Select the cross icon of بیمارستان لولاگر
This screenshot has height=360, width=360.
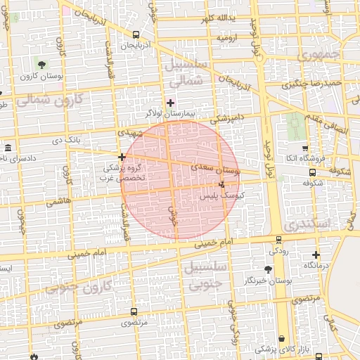[x=170, y=103]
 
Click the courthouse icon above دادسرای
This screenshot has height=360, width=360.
[x=8, y=148]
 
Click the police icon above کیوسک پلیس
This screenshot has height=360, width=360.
[x=223, y=184]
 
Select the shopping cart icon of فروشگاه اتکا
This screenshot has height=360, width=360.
[x=304, y=148]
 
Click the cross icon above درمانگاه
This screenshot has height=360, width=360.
[x=316, y=255]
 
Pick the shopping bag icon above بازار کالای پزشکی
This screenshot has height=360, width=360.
[x=282, y=338]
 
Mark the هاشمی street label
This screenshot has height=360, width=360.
[x=59, y=202]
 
